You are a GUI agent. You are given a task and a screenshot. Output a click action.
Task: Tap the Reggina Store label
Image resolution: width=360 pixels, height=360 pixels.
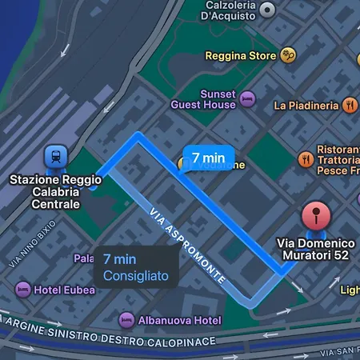[x=240, y=56]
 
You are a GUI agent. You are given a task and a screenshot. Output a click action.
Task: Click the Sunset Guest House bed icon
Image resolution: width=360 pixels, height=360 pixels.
[x=247, y=98]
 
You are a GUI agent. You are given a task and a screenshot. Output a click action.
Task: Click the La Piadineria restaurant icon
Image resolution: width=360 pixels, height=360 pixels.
[x=350, y=105]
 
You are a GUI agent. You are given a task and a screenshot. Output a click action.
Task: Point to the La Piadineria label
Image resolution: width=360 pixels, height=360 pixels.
[x=306, y=105]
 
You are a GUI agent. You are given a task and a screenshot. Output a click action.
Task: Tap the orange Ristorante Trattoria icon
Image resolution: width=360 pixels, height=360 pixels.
[x=305, y=159]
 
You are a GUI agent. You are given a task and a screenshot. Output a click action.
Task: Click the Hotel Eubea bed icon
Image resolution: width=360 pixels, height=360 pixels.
[x=23, y=287]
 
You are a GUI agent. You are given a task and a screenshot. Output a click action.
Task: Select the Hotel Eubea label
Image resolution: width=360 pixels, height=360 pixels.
[x=61, y=288]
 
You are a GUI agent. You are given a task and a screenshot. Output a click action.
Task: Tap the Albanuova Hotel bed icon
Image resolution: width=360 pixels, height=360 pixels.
[x=126, y=320]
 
